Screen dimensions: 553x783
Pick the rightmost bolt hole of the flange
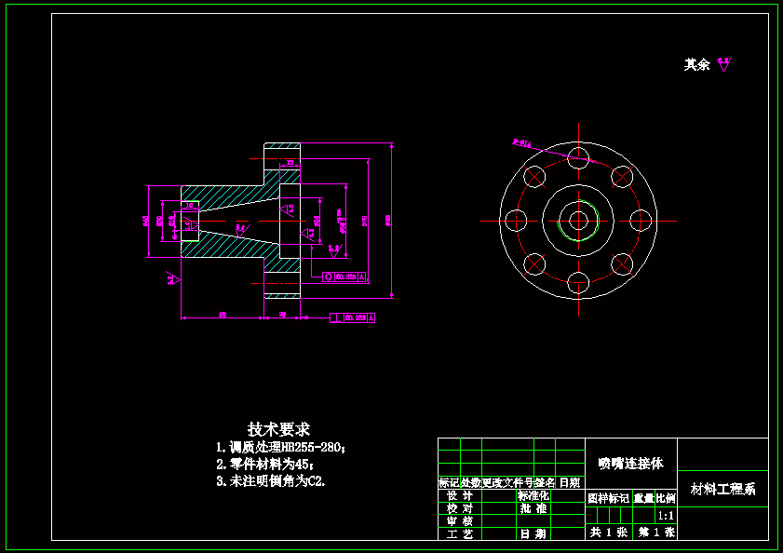641,221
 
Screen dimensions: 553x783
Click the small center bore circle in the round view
578,221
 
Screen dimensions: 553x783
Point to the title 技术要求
278,429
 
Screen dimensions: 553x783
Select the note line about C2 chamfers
271,481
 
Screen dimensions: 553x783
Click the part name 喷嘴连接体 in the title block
630,463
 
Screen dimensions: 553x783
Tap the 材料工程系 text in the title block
722,489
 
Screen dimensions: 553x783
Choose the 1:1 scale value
666,515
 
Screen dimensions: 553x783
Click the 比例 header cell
666,499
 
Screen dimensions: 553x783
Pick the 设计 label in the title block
459,496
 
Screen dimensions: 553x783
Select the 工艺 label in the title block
459,534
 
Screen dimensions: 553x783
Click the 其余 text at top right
696,64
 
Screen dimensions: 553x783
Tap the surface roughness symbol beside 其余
724,63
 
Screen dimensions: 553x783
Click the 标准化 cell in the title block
533,496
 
